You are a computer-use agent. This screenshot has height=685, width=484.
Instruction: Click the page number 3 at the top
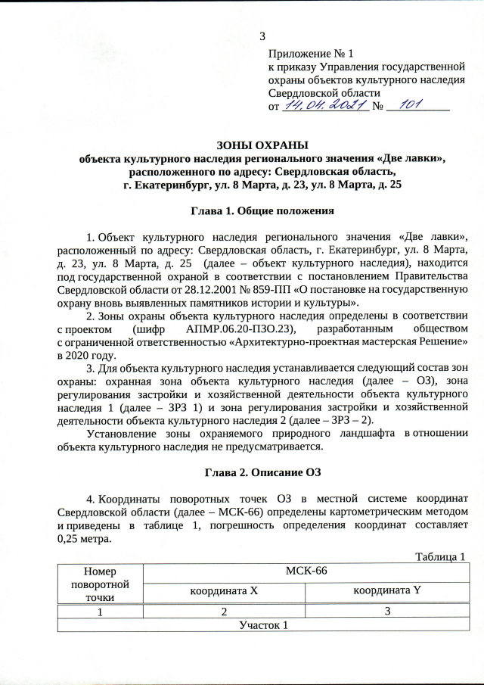click(262, 36)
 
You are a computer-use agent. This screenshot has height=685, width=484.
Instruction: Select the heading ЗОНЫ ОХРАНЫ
click(262, 145)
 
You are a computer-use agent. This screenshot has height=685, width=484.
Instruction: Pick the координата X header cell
click(224, 590)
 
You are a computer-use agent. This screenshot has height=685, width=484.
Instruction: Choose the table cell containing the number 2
click(224, 612)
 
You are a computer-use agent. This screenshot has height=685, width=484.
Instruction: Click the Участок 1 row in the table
click(263, 625)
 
